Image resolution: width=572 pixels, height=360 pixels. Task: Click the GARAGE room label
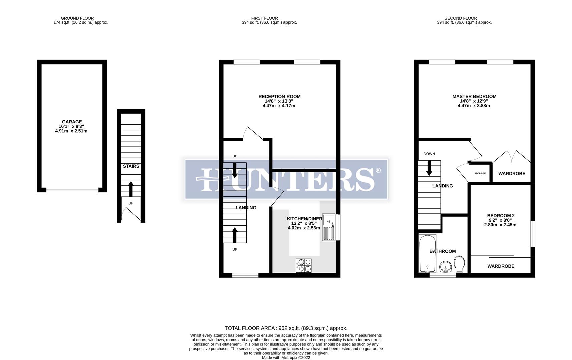[x=72, y=122]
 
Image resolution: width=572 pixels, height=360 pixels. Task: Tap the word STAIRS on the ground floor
[x=131, y=166]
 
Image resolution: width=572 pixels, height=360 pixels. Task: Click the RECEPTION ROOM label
[x=279, y=96]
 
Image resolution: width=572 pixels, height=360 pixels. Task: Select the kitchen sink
[x=329, y=227]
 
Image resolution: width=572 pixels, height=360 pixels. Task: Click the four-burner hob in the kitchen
[x=303, y=266]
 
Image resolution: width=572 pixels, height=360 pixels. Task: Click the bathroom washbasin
[x=446, y=266]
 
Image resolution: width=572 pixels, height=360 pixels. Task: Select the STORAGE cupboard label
[x=480, y=173]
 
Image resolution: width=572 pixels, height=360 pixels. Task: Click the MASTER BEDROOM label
[x=474, y=96]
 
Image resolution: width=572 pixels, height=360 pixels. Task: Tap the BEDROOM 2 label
[x=501, y=216]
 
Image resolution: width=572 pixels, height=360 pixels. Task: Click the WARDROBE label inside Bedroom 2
[x=501, y=266]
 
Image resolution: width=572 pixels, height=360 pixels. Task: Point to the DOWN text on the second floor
[x=429, y=154]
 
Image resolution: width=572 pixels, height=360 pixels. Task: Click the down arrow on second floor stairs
[x=429, y=168]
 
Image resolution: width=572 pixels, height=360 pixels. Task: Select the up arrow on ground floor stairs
[x=131, y=189]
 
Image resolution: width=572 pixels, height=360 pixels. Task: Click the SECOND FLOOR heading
[x=461, y=18]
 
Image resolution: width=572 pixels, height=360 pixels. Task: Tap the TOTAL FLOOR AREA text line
[x=286, y=328]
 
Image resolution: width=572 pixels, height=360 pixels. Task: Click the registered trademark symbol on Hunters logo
[x=378, y=170]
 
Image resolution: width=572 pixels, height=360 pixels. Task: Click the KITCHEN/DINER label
[x=304, y=219]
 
